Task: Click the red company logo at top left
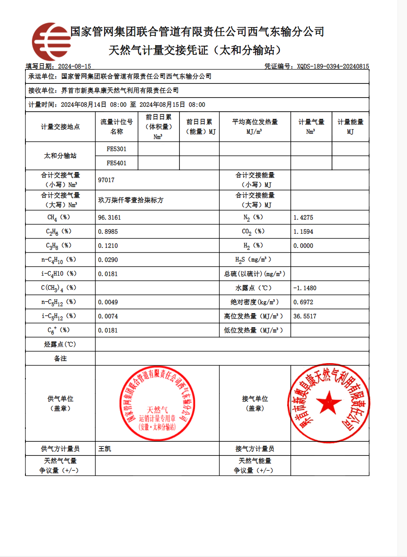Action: (x=51, y=42)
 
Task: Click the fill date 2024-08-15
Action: (x=75, y=67)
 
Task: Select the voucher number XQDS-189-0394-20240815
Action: (x=333, y=67)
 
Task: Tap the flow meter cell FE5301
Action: (x=117, y=149)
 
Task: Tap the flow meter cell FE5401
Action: (x=117, y=163)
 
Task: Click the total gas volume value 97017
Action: (x=106, y=180)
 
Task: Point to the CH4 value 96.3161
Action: (x=109, y=218)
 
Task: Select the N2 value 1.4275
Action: (x=303, y=218)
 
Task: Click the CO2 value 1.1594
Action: (x=303, y=232)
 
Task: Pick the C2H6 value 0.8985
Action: (x=108, y=232)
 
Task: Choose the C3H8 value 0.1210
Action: (x=108, y=246)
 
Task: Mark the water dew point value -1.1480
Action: (x=305, y=288)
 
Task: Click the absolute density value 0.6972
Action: (x=303, y=302)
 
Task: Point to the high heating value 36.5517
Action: (x=305, y=316)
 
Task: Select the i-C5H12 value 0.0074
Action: (x=108, y=316)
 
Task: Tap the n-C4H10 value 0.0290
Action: (x=108, y=260)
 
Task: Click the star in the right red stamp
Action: (x=328, y=403)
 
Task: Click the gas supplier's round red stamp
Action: (x=157, y=403)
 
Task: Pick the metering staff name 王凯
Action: (x=104, y=449)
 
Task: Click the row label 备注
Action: (x=60, y=359)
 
